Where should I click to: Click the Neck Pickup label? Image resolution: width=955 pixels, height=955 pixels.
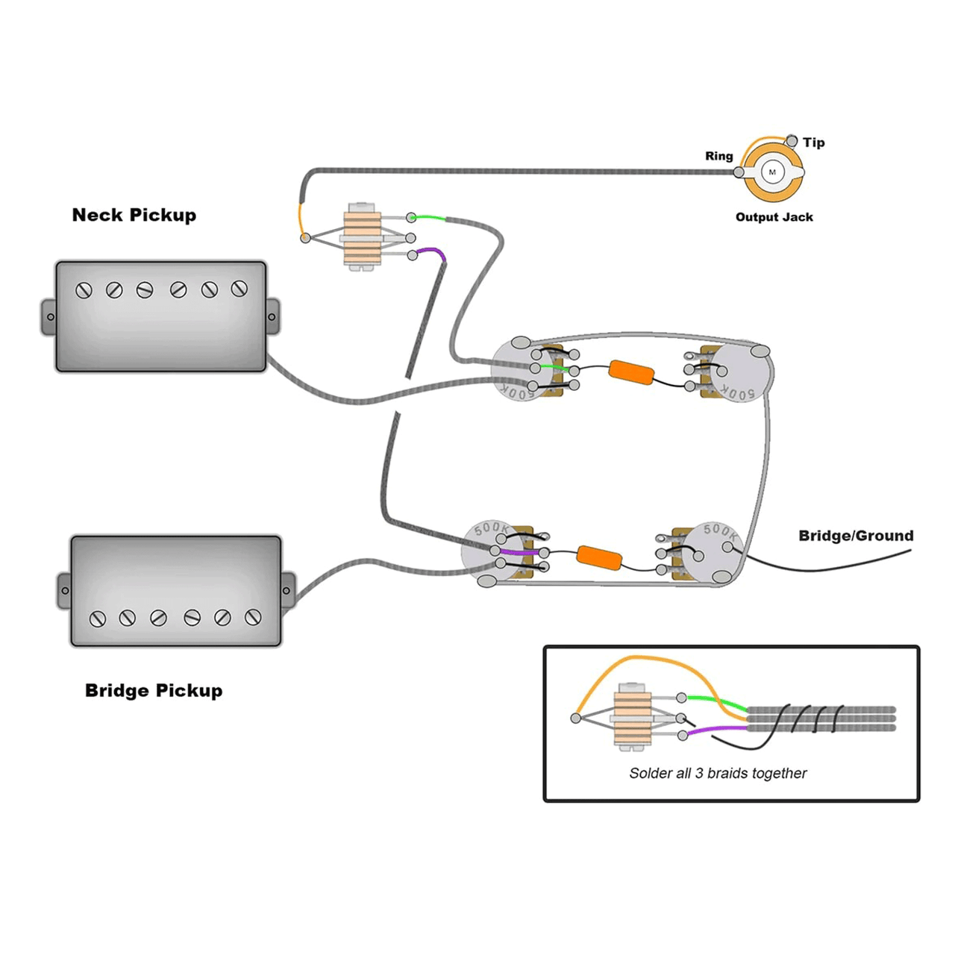tap(134, 215)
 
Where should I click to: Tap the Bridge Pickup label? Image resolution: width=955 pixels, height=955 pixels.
tap(154, 690)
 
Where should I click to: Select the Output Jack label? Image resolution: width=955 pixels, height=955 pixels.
tap(774, 217)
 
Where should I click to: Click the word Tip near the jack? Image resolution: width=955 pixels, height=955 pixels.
tap(814, 143)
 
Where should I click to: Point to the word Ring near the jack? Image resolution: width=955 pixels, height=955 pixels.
tap(718, 156)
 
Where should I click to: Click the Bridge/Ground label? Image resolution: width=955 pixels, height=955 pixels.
tap(856, 536)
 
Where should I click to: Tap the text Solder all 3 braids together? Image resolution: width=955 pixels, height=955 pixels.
tap(718, 773)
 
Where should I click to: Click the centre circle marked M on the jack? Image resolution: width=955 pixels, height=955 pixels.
tap(772, 172)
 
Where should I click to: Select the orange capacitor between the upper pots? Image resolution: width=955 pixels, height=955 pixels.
tap(632, 372)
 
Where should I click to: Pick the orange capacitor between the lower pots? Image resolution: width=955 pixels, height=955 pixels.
tap(600, 557)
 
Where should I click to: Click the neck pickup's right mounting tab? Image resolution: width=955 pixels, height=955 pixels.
tap(272, 317)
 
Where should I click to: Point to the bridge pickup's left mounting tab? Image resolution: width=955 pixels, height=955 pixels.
tap(65, 591)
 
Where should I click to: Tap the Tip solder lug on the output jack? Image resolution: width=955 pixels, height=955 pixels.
tap(792, 141)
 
